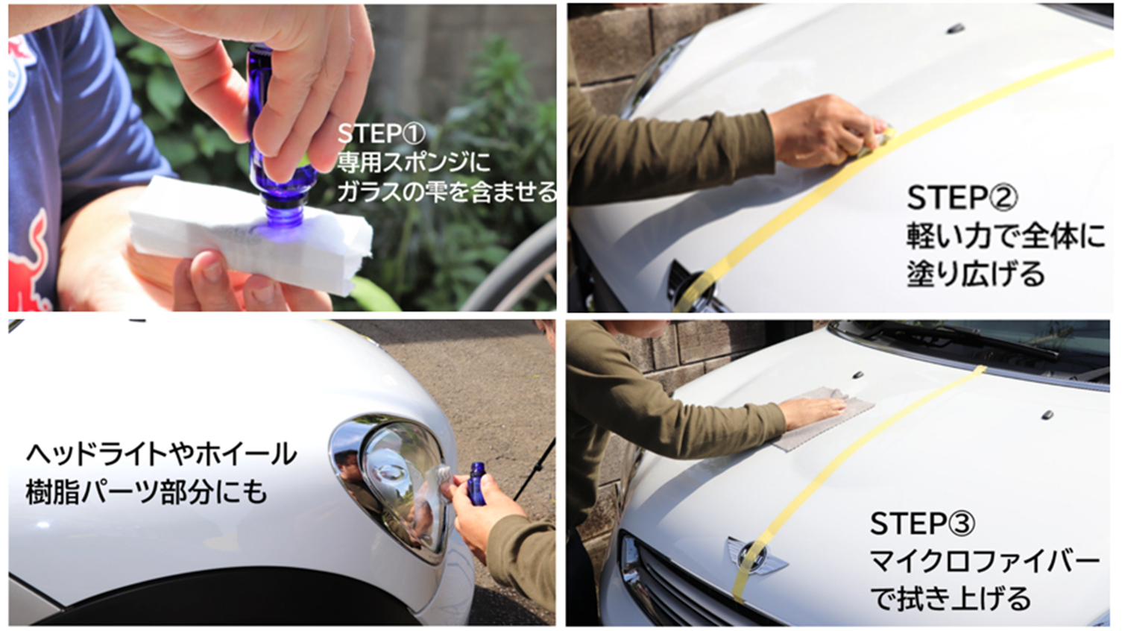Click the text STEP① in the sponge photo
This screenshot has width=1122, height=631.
pyautogui.click(x=381, y=134)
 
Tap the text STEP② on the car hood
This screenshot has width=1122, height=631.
pyautogui.click(x=962, y=198)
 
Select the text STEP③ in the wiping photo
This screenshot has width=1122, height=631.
pyautogui.click(x=922, y=524)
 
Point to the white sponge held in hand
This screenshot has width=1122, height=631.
pyautogui.click(x=250, y=236)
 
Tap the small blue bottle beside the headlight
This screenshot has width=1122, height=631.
pyautogui.click(x=477, y=483)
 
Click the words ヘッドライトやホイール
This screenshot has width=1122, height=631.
pyautogui.click(x=161, y=454)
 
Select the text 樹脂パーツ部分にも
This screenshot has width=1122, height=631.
pyautogui.click(x=146, y=492)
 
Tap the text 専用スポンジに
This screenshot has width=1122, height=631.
pyautogui.click(x=414, y=163)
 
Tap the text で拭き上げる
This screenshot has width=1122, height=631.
pyautogui.click(x=950, y=599)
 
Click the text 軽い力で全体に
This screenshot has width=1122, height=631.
pyautogui.click(x=1005, y=236)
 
